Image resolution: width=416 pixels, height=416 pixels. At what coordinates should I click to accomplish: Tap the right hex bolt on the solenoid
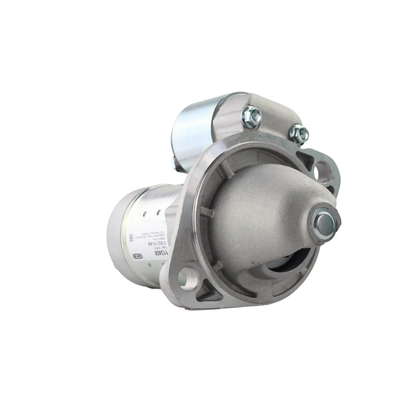(x=298, y=134)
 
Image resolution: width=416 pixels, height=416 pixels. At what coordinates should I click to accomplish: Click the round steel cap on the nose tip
(x=324, y=224)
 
